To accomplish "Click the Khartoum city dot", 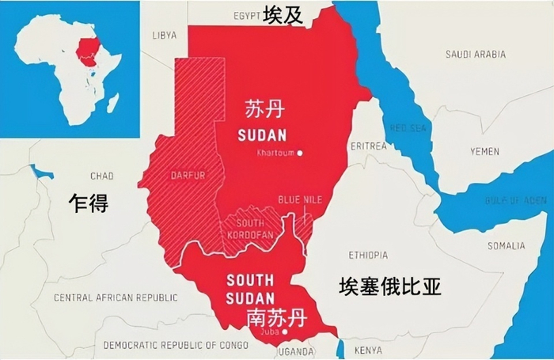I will click(300, 153).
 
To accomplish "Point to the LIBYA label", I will click(165, 35).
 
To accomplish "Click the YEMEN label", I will click(484, 150).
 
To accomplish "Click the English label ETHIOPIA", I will click(368, 255).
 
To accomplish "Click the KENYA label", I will click(367, 349).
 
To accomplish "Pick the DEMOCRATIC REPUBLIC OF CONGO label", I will click(175, 345).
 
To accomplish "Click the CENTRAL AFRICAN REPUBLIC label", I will click(116, 297).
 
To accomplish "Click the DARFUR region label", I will click(188, 176).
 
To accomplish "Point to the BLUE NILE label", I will click(300, 199).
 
